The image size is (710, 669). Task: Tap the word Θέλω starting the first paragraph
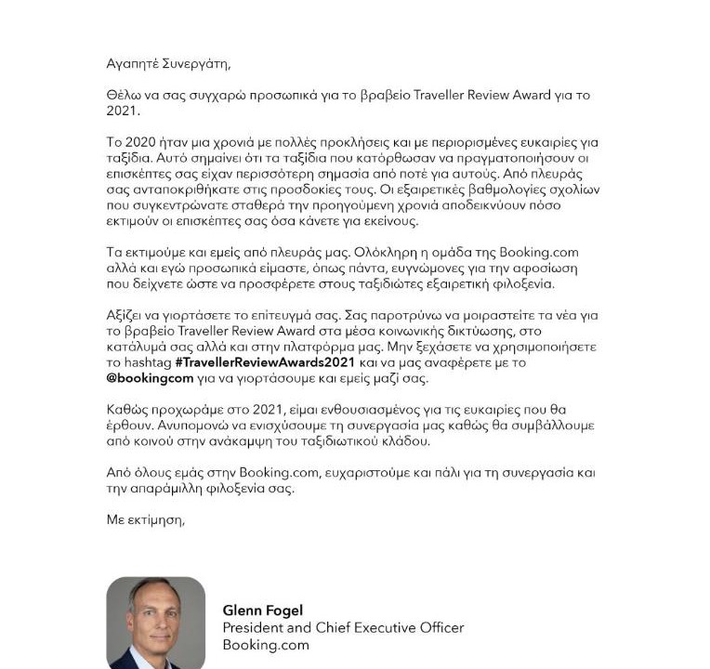click(124, 95)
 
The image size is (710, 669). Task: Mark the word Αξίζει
click(128, 315)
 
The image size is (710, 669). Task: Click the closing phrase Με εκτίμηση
click(147, 519)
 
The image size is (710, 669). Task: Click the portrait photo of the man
click(155, 623)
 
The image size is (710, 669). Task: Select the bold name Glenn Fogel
click(263, 610)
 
